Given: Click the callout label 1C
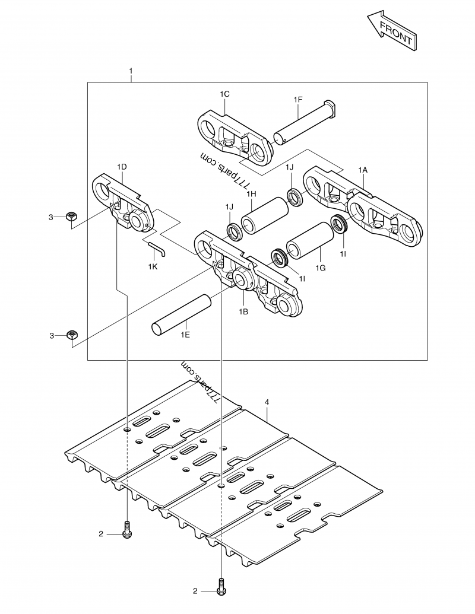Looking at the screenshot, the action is (x=224, y=94).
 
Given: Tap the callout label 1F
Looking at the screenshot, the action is (x=298, y=99).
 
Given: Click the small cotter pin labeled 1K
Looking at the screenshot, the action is (x=158, y=248).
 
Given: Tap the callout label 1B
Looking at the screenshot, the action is (x=243, y=311).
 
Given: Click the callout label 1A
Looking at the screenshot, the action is (x=363, y=170).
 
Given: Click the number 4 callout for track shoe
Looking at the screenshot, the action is (x=267, y=402).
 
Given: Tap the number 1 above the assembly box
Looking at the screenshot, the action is (x=131, y=71).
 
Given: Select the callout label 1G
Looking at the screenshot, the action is (x=321, y=268).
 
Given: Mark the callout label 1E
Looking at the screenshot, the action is (x=185, y=336).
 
